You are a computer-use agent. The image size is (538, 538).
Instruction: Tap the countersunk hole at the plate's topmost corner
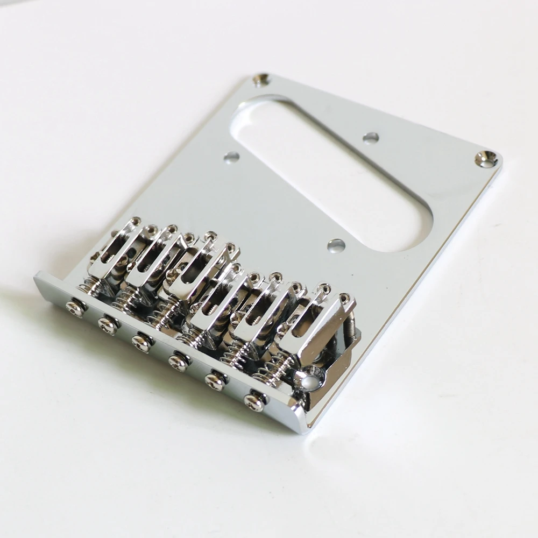[x=261, y=80]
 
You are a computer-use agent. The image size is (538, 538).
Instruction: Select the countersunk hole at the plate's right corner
[x=486, y=158]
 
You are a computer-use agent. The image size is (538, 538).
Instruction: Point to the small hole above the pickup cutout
[x=370, y=138]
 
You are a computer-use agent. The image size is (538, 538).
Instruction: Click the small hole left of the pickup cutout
[x=231, y=158]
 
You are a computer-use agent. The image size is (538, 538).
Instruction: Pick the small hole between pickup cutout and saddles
[x=336, y=245]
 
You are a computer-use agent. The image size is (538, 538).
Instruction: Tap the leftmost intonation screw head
[x=75, y=308]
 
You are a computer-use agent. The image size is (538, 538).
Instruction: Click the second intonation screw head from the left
[x=108, y=324]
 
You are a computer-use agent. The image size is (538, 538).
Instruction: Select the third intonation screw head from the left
[x=141, y=342]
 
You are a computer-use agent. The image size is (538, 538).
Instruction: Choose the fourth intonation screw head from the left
[x=178, y=361]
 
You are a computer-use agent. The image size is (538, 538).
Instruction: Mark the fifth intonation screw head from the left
[x=215, y=380]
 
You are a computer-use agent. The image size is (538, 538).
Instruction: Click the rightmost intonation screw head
[x=254, y=401]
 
